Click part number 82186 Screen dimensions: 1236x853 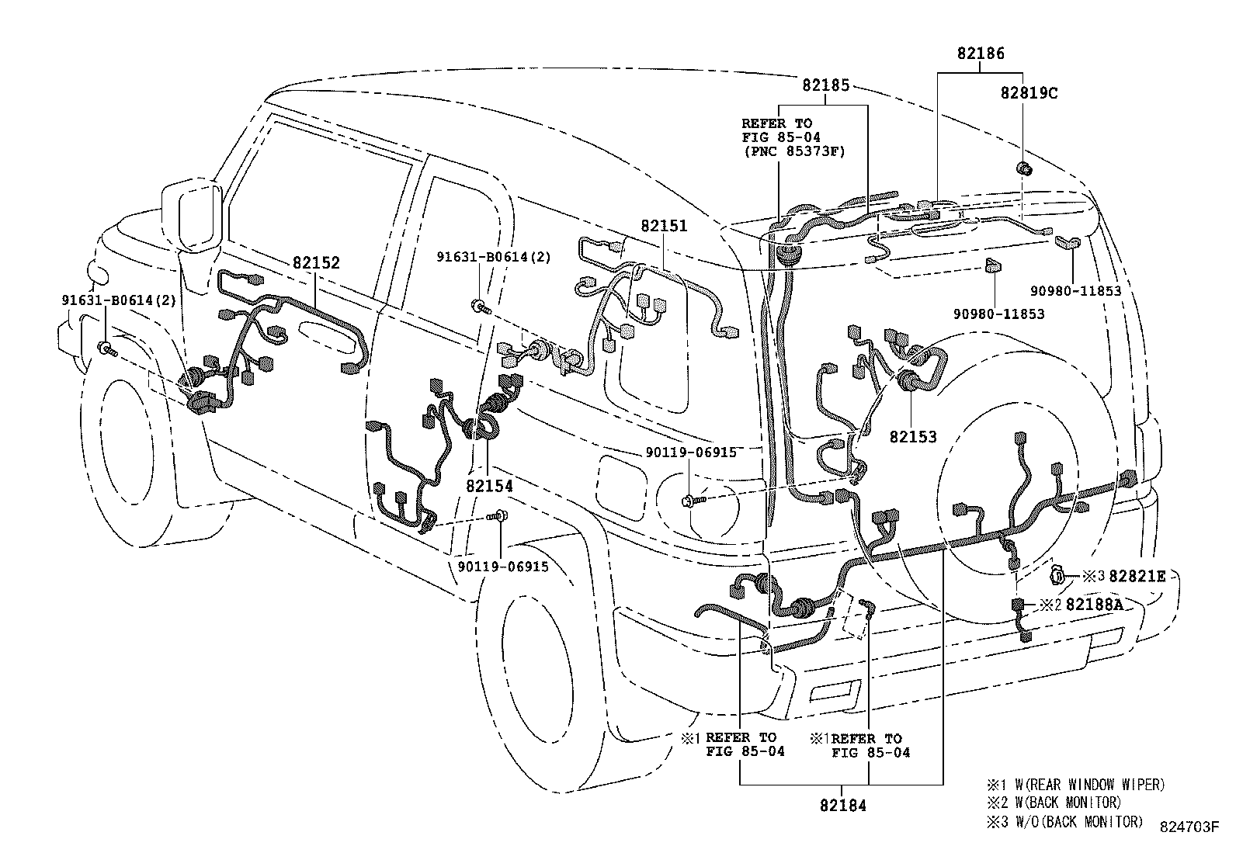point(981,54)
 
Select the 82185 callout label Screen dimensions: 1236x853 point(826,85)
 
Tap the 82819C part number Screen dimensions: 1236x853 point(1029,93)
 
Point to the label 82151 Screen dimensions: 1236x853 point(664,226)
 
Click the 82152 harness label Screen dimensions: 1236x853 point(316,262)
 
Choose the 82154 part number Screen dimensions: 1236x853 point(489,486)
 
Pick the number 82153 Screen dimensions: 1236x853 point(913,437)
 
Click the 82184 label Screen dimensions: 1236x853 point(843,806)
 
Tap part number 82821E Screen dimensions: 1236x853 point(1137,577)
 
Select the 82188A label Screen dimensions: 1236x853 point(1094,605)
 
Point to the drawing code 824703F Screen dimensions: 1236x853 point(1189,827)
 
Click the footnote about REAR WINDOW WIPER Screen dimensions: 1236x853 point(1076,785)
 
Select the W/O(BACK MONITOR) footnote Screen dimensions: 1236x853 point(1064,822)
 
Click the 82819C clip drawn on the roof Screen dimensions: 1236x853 point(1023,168)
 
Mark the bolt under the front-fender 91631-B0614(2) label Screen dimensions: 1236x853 point(107,348)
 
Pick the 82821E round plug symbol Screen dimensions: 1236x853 point(1057,576)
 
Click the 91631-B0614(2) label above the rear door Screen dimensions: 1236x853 point(494,257)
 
